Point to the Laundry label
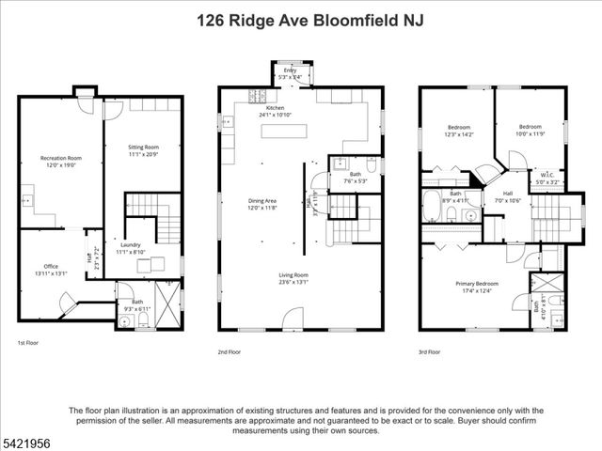coord(130,248)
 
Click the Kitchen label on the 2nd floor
coord(275,111)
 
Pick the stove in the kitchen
coord(257,95)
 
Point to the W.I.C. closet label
coord(547,176)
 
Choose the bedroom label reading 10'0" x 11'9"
coord(531,130)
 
